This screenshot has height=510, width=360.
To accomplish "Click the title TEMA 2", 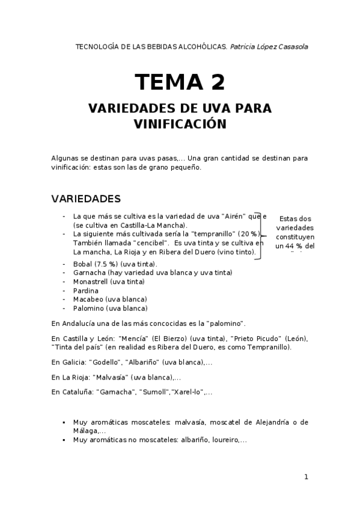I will (180, 82).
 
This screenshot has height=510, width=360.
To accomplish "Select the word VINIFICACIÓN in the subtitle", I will (180, 124).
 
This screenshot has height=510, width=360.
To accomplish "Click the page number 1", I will (306, 477).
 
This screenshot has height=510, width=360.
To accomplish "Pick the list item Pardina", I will (86, 290).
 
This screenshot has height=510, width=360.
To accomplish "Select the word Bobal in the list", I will (82, 264).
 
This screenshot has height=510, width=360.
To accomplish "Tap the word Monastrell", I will (91, 281).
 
